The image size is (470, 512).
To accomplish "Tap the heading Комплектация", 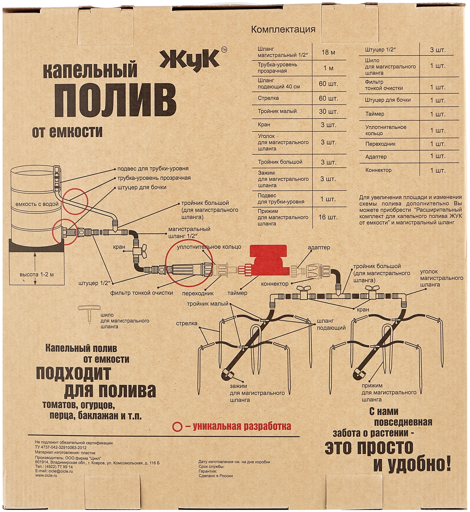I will click(x=283, y=29).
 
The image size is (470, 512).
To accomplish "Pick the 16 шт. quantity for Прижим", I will click(x=328, y=217).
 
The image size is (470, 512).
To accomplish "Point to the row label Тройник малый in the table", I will click(x=277, y=111).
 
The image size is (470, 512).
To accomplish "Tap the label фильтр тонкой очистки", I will click(x=141, y=293).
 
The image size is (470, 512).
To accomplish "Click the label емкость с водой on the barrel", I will click(x=37, y=204).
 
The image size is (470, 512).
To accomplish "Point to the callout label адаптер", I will click(x=319, y=247).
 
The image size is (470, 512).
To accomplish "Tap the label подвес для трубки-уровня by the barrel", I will click(x=153, y=169).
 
